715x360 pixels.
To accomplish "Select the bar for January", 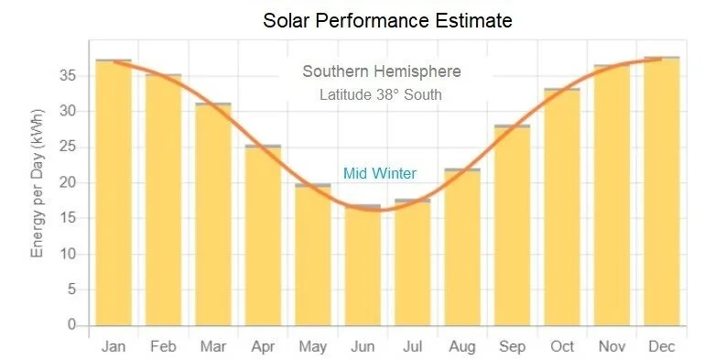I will [x=114, y=192].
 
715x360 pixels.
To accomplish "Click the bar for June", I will [x=363, y=266].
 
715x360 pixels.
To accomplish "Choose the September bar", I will [x=513, y=225].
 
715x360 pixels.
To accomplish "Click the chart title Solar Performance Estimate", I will [x=387, y=19].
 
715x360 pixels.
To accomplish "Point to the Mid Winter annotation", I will [x=380, y=173].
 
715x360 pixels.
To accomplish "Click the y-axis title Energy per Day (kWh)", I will [x=38, y=193].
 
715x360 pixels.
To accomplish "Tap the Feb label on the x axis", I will [x=164, y=346].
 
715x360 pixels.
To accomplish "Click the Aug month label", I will [x=462, y=346].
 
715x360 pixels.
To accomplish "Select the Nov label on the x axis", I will [x=612, y=346].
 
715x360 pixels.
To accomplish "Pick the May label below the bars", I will [x=313, y=346].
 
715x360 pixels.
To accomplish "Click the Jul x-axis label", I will [x=412, y=346].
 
